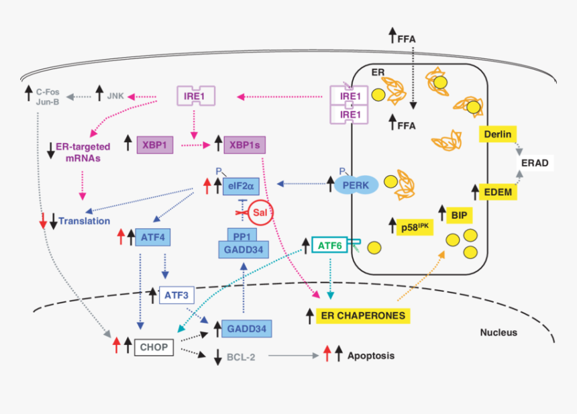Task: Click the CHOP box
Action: click(x=154, y=348)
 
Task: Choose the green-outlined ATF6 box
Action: click(x=329, y=246)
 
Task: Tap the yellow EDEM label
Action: click(x=498, y=193)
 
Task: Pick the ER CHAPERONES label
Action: click(x=363, y=315)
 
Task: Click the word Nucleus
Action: click(x=499, y=333)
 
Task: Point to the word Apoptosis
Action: click(x=370, y=356)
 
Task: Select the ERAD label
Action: click(x=533, y=163)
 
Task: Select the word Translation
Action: click(x=85, y=220)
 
